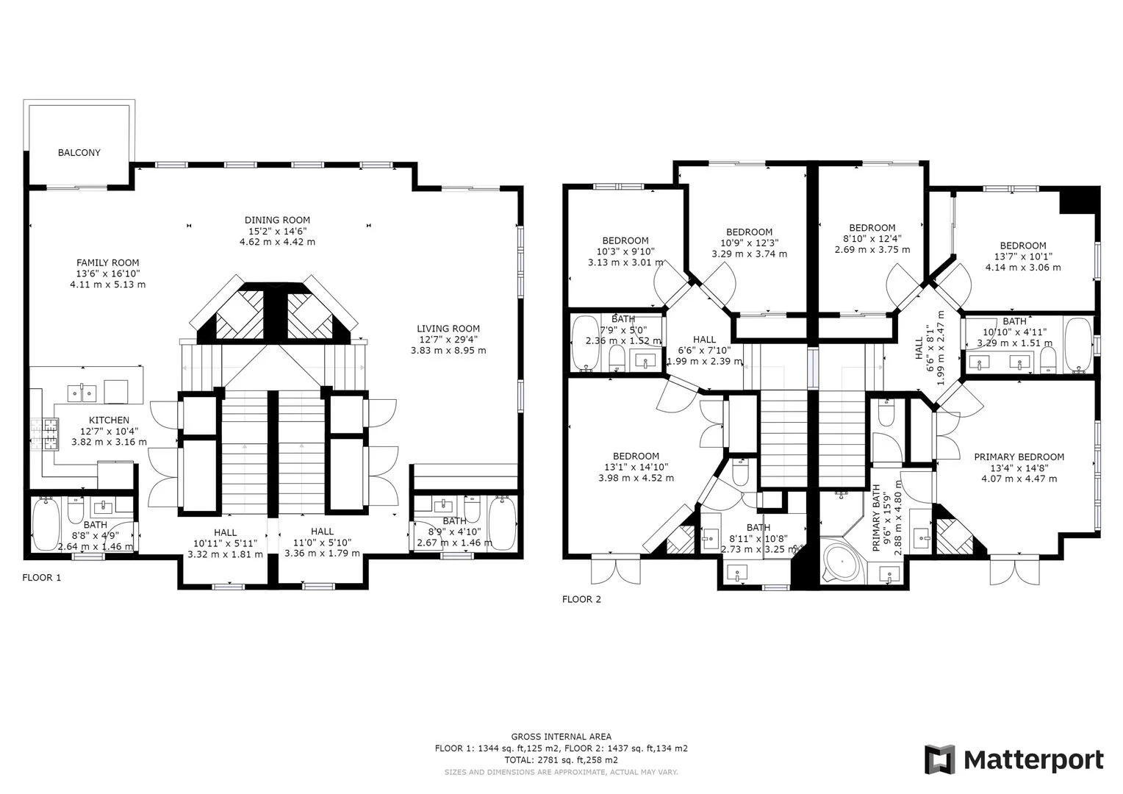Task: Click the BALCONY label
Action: pyautogui.click(x=79, y=153)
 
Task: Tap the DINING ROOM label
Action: pyautogui.click(x=277, y=220)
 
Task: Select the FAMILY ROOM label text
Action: pyautogui.click(x=107, y=262)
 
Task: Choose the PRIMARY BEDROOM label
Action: pyautogui.click(x=1019, y=457)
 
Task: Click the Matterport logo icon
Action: pyautogui.click(x=939, y=759)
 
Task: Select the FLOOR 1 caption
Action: pyautogui.click(x=42, y=577)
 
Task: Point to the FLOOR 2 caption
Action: pyautogui.click(x=581, y=599)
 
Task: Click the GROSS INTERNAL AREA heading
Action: pyautogui.click(x=561, y=736)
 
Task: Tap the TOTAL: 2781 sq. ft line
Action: pyautogui.click(x=561, y=759)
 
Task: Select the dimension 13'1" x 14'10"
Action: pyautogui.click(x=636, y=467)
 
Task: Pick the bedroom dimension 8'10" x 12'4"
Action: pyautogui.click(x=872, y=239)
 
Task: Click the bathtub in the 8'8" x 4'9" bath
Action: pyautogui.click(x=45, y=523)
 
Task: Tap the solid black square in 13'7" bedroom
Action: pyautogui.click(x=1078, y=200)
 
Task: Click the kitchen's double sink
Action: pyautogui.click(x=82, y=393)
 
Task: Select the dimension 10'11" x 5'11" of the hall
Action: pyautogui.click(x=225, y=543)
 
